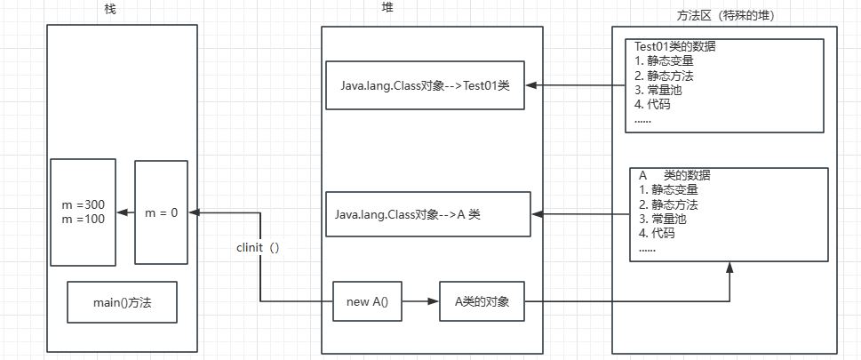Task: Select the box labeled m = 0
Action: (161, 212)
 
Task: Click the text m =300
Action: (84, 205)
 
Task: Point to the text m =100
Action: (84, 220)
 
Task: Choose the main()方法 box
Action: (123, 302)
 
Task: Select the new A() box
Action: (367, 302)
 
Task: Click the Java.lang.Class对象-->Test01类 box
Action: (425, 85)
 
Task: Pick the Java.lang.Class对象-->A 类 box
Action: (428, 214)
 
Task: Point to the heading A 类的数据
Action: (674, 175)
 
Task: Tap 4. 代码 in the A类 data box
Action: (657, 234)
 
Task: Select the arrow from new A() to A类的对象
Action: (420, 302)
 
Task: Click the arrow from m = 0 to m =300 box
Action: (125, 212)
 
